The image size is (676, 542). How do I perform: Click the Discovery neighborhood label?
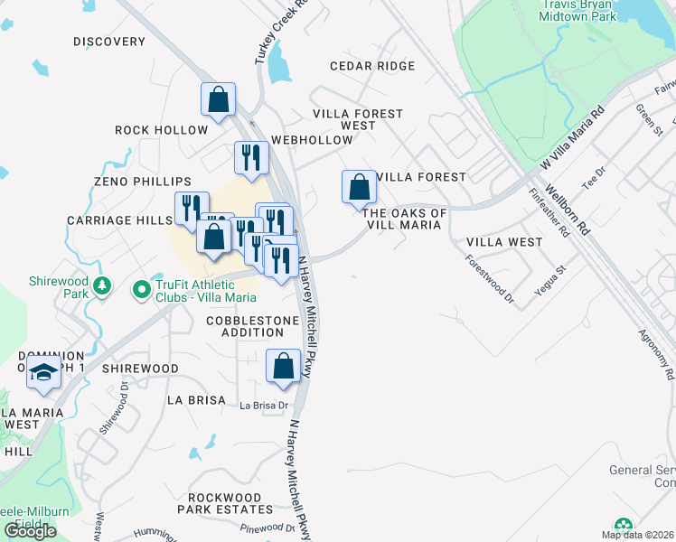(x=109, y=42)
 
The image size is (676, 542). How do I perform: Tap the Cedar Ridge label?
(x=372, y=66)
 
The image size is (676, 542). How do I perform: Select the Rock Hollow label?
(x=162, y=130)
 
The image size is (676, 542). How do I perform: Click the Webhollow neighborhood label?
(x=312, y=140)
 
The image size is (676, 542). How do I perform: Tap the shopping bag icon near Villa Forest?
(x=360, y=188)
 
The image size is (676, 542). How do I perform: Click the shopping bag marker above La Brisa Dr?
(x=284, y=366)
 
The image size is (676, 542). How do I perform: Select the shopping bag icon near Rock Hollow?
(x=219, y=99)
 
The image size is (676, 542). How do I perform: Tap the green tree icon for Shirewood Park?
(x=103, y=286)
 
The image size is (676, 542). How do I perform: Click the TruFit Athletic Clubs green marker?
(x=141, y=290)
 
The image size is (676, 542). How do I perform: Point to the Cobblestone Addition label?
(x=252, y=326)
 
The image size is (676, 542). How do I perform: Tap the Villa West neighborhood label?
(x=504, y=242)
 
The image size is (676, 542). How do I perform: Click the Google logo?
(x=31, y=531)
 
